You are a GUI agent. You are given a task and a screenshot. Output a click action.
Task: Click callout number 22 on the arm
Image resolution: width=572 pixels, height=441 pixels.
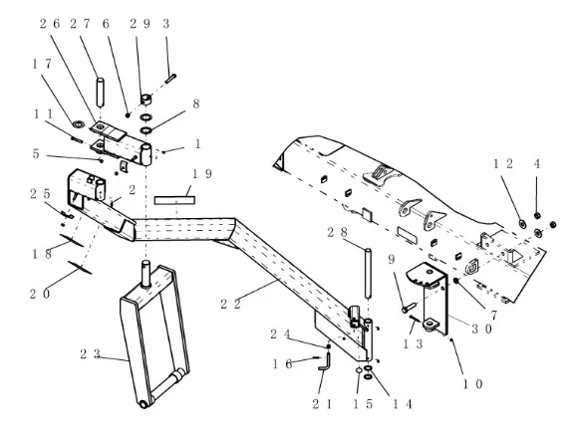230,304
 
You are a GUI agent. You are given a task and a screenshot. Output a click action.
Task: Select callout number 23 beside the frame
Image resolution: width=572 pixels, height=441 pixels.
90,353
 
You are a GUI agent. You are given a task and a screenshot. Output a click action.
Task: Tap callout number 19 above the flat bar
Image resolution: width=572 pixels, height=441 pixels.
202,174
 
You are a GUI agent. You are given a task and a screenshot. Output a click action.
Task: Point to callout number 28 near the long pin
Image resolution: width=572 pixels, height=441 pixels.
338,232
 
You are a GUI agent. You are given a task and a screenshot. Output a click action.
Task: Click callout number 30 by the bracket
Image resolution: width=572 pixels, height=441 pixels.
482,330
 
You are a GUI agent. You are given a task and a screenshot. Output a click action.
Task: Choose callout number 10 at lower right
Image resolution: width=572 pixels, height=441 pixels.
472,384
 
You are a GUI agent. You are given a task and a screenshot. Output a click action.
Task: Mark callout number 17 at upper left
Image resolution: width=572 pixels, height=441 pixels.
42,64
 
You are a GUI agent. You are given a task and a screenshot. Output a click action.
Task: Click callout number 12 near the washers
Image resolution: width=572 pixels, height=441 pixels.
503,164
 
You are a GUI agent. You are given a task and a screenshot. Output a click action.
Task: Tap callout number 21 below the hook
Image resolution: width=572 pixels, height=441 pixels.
322,404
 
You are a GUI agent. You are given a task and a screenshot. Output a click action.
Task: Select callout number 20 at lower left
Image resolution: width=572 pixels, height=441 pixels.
40,294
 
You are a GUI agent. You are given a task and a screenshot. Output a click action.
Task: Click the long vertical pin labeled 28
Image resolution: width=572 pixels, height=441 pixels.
368,273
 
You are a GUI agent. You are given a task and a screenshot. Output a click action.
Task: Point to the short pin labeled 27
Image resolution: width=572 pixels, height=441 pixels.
100,92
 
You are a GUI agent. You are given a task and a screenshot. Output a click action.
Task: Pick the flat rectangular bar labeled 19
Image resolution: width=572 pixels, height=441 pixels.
174,200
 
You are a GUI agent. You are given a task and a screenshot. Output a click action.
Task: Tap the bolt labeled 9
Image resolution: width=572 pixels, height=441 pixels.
409,307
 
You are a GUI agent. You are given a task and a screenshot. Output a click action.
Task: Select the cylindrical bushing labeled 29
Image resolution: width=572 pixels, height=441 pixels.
146,100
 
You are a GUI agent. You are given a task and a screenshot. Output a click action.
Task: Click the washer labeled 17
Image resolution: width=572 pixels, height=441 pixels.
78,124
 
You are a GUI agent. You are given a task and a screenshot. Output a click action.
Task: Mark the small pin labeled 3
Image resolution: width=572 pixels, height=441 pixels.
170,79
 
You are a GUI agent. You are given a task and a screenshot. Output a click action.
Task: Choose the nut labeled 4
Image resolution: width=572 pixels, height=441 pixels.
537,215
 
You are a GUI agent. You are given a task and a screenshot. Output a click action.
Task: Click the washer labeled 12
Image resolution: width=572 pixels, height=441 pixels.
522,224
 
